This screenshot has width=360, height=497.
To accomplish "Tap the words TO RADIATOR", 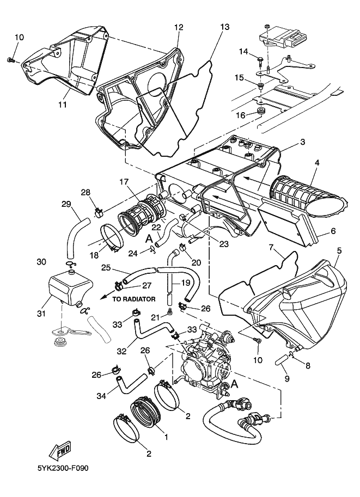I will coord(134,299).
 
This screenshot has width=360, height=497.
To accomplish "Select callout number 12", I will coord(179,27).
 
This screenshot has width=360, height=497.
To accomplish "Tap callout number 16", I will coord(241,115).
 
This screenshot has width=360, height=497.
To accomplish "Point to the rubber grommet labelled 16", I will coord(260,113).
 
